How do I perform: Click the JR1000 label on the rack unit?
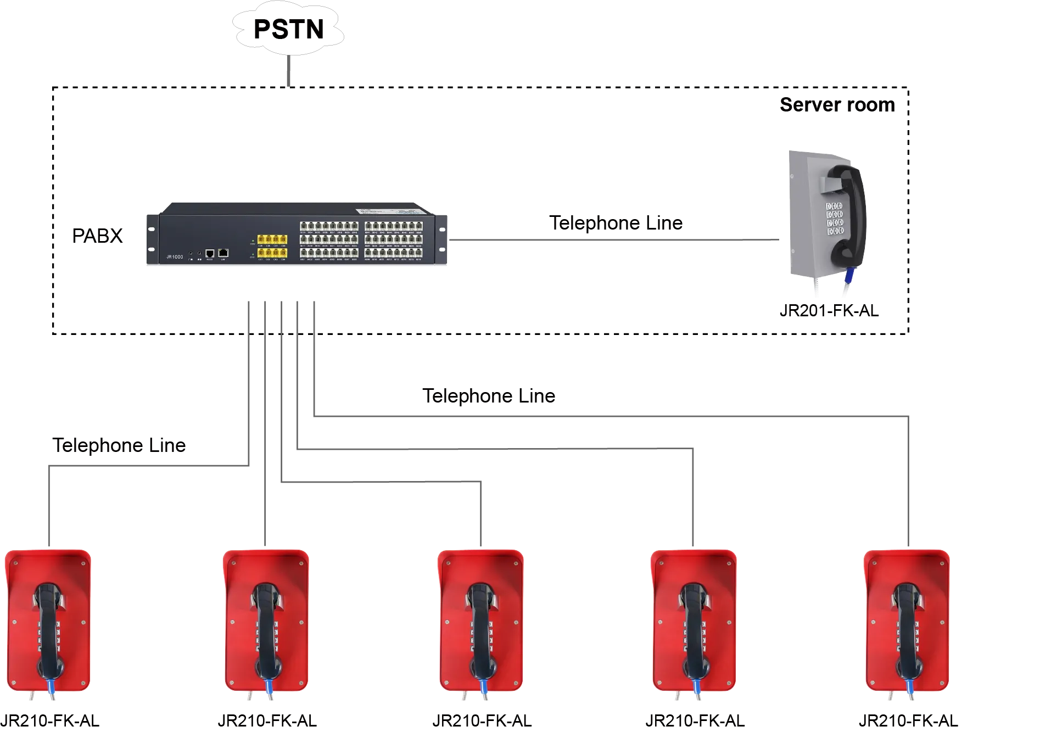[175, 257]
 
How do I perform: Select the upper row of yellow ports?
[272, 239]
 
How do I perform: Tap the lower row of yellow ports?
[272, 253]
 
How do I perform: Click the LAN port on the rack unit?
[223, 253]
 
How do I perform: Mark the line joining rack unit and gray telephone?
[615, 239]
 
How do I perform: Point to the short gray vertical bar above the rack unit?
[289, 70]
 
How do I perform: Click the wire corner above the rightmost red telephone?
[908, 415]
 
